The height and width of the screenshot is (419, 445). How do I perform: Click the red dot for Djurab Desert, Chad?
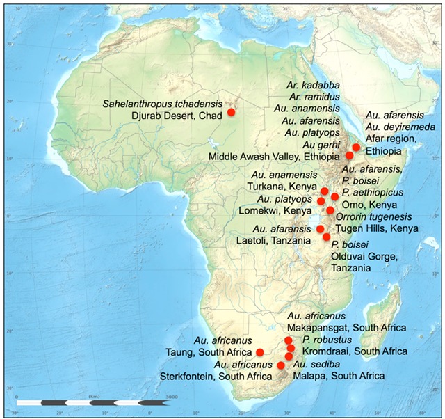(232, 111)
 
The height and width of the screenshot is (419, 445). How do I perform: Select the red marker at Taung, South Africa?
(260, 351)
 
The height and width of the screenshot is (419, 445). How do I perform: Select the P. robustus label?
(324, 340)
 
